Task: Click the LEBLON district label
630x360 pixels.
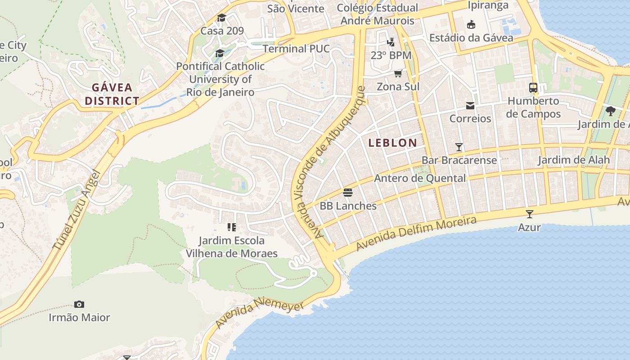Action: (392, 143)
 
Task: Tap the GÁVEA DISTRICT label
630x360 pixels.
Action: (112, 94)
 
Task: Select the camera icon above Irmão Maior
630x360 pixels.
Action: (79, 305)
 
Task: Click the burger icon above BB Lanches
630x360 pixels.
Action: (348, 193)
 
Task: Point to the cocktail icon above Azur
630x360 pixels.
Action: (529, 214)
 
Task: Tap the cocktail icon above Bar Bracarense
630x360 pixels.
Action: (459, 147)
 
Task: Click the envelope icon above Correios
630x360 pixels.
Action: (470, 106)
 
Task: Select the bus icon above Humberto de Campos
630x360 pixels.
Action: (533, 88)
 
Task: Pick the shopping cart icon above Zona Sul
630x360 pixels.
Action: (398, 73)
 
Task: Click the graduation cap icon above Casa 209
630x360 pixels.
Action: (221, 18)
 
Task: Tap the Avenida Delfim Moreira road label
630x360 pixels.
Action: (416, 234)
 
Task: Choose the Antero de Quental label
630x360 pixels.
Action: (420, 178)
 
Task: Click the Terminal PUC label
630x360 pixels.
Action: (296, 49)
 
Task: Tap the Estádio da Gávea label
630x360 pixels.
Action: (471, 37)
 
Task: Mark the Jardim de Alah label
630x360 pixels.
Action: (574, 160)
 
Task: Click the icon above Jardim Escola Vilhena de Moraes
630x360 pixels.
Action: (232, 227)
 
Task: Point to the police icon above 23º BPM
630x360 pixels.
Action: (391, 42)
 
